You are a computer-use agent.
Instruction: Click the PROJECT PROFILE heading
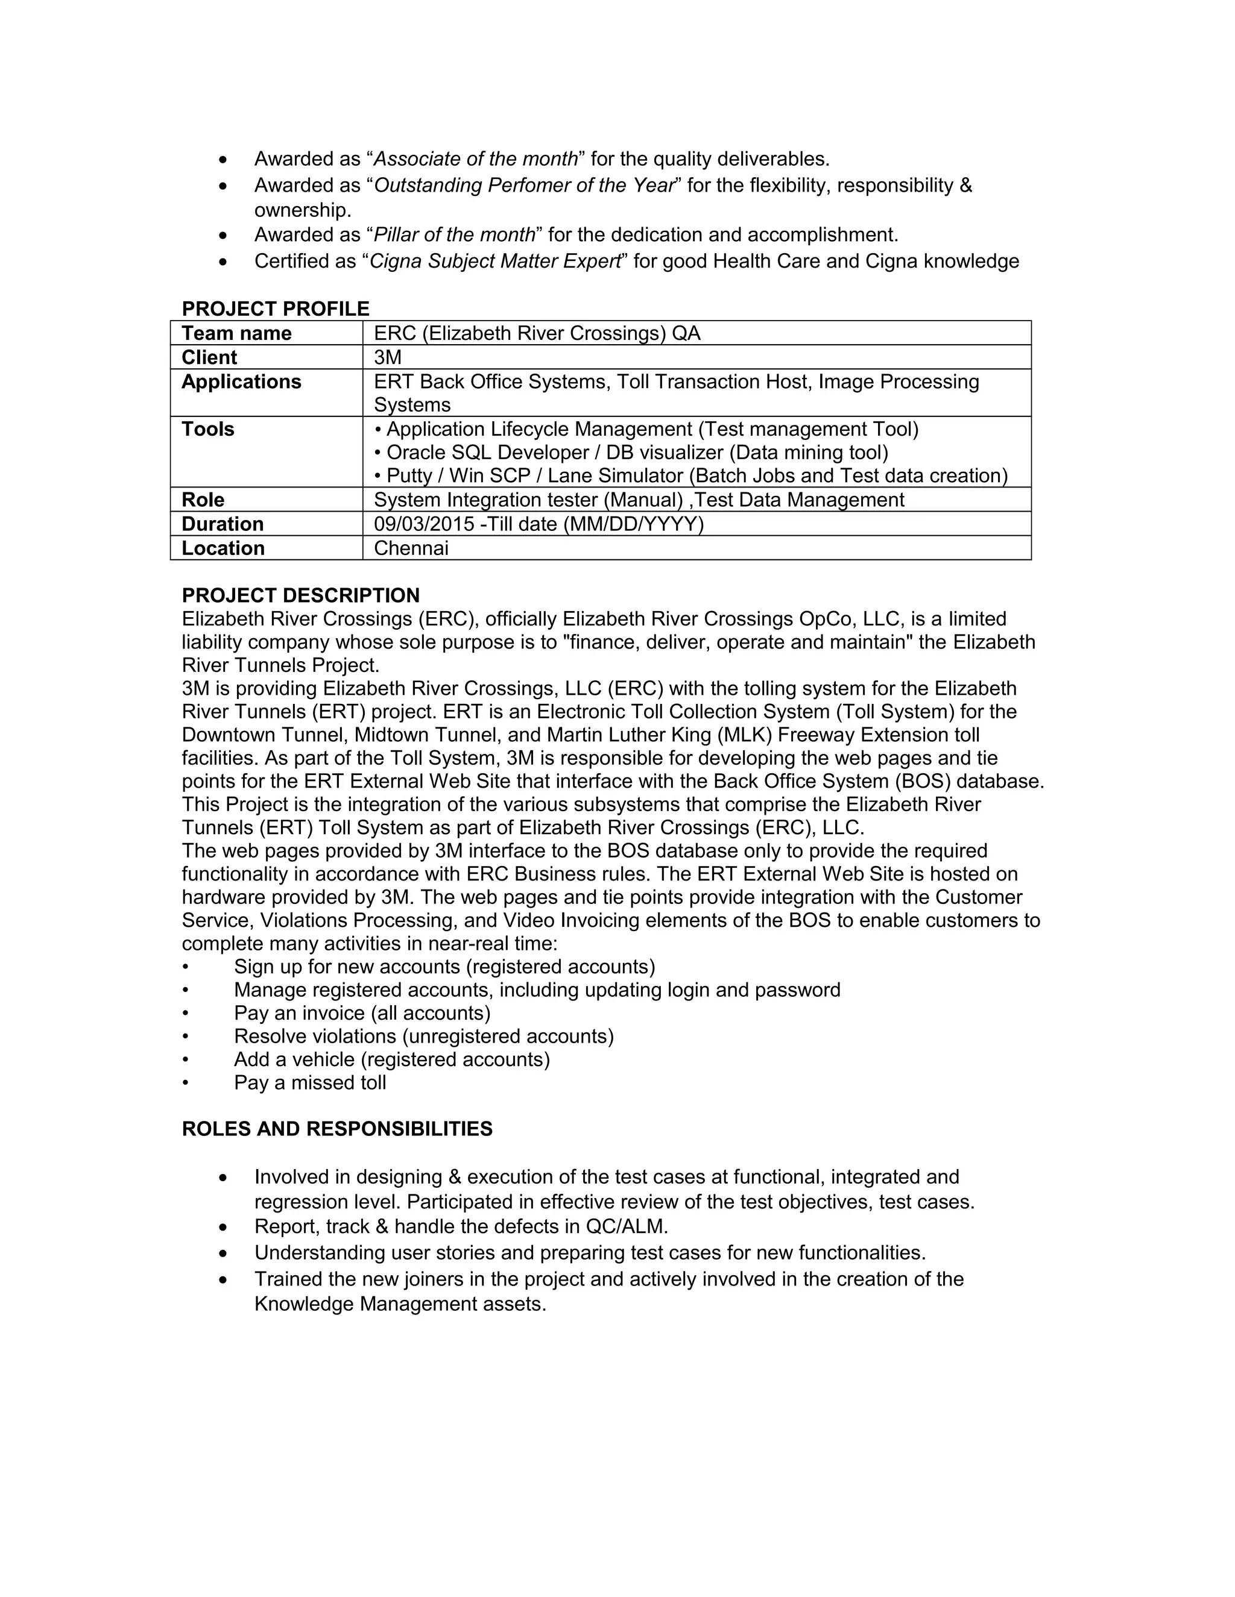click(x=275, y=309)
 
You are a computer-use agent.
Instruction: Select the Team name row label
click(x=236, y=333)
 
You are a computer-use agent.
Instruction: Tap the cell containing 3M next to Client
click(x=388, y=357)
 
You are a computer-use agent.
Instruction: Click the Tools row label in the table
click(x=208, y=429)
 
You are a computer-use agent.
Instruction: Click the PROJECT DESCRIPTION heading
click(x=301, y=595)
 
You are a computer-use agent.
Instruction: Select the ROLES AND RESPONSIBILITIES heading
click(x=337, y=1129)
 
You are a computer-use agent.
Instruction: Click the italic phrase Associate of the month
click(x=476, y=158)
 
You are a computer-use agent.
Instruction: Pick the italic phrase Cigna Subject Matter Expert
click(x=495, y=261)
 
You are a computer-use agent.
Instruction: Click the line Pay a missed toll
click(x=309, y=1083)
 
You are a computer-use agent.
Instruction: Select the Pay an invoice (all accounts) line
click(x=362, y=1014)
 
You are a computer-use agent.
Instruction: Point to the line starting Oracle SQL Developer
click(x=631, y=453)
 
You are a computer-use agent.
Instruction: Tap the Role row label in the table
click(x=203, y=500)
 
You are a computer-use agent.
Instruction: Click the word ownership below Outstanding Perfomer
click(x=302, y=210)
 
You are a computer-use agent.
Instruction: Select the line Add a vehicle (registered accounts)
click(x=391, y=1059)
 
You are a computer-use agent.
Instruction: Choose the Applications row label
click(x=241, y=381)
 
